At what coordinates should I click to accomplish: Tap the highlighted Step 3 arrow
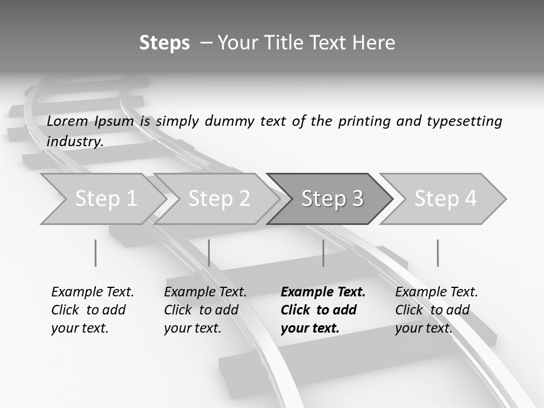331,199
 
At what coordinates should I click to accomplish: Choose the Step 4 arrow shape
445,199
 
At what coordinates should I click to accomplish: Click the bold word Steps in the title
164,43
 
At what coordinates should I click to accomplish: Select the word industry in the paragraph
74,141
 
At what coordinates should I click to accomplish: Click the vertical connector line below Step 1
95,253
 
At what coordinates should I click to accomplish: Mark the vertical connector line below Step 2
209,253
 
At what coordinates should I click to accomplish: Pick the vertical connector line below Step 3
323,253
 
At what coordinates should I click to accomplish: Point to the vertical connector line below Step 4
437,253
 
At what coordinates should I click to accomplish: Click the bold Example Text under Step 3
323,292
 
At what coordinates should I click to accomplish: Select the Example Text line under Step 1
92,292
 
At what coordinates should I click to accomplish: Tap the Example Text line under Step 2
205,292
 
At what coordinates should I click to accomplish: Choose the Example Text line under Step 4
436,292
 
